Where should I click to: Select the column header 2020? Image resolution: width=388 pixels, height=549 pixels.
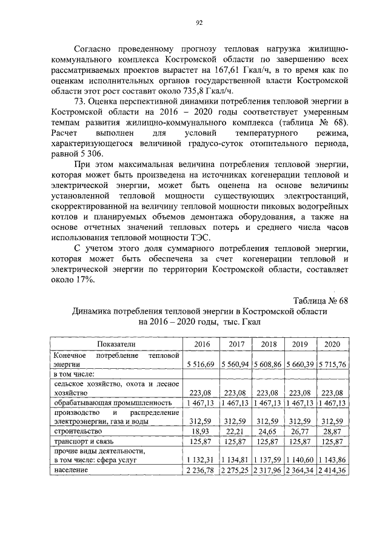click(x=332, y=344)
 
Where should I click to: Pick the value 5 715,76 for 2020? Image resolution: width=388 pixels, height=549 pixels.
click(x=332, y=364)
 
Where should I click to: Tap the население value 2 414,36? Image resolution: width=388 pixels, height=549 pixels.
click(x=332, y=469)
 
